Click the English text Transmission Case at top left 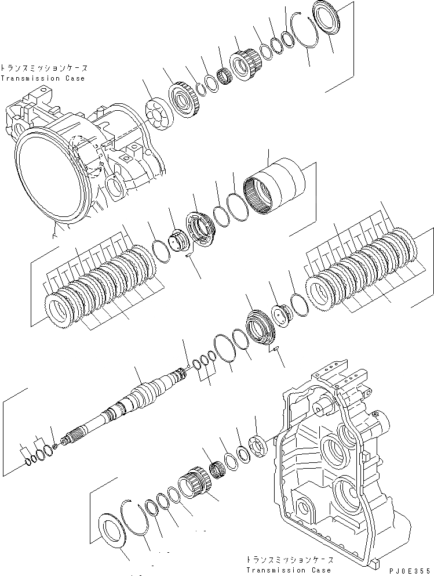[x=43, y=78]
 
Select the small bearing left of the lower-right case [x=257, y=447]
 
